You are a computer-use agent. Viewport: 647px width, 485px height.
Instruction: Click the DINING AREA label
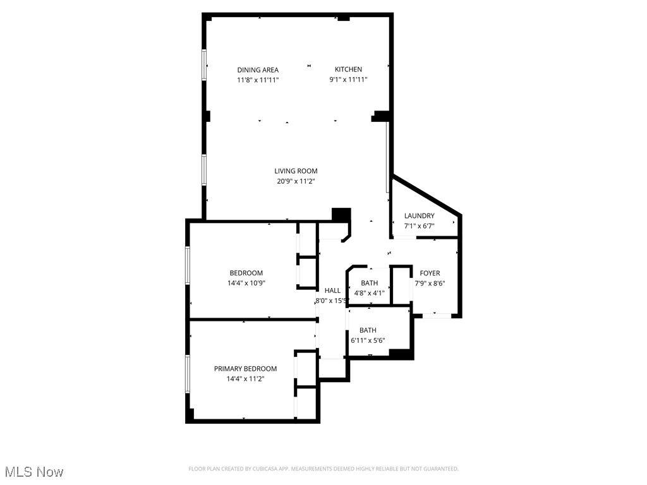[258, 70]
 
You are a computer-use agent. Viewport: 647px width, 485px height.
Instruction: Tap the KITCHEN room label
[348, 69]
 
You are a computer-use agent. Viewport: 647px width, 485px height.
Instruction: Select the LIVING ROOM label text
[296, 171]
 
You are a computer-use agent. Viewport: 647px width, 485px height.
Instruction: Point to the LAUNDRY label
[420, 216]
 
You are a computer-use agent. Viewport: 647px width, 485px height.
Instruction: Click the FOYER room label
[430, 273]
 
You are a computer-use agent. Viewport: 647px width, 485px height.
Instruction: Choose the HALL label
[332, 290]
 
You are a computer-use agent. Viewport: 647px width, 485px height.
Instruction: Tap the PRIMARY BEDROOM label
[245, 369]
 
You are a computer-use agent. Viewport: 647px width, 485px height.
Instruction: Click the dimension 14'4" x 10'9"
[246, 284]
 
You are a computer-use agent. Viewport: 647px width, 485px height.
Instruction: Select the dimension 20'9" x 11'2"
[296, 181]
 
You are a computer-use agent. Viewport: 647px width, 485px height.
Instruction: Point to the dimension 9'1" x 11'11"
[348, 80]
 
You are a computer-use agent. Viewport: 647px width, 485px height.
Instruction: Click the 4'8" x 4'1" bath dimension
[369, 293]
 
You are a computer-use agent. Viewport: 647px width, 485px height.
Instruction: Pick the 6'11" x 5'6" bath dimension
[368, 340]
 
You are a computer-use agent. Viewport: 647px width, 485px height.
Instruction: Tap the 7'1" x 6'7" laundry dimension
[420, 226]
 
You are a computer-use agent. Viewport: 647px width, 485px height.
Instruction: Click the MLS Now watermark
[34, 472]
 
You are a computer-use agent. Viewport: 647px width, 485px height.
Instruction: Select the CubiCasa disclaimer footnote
[323, 469]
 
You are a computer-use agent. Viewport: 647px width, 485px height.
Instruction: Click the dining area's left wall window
[204, 65]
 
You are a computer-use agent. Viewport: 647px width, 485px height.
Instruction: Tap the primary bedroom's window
[187, 374]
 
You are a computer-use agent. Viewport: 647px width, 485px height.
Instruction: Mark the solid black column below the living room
[342, 215]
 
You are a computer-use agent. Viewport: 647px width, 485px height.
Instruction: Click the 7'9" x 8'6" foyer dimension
[430, 284]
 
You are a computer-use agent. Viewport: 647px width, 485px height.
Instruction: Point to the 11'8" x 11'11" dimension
[258, 80]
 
